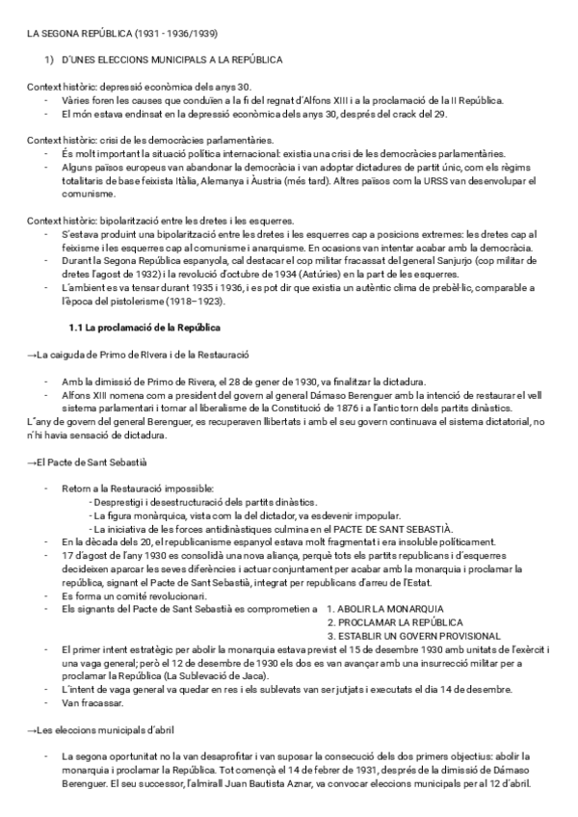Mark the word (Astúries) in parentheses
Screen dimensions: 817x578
[x=361, y=275]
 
